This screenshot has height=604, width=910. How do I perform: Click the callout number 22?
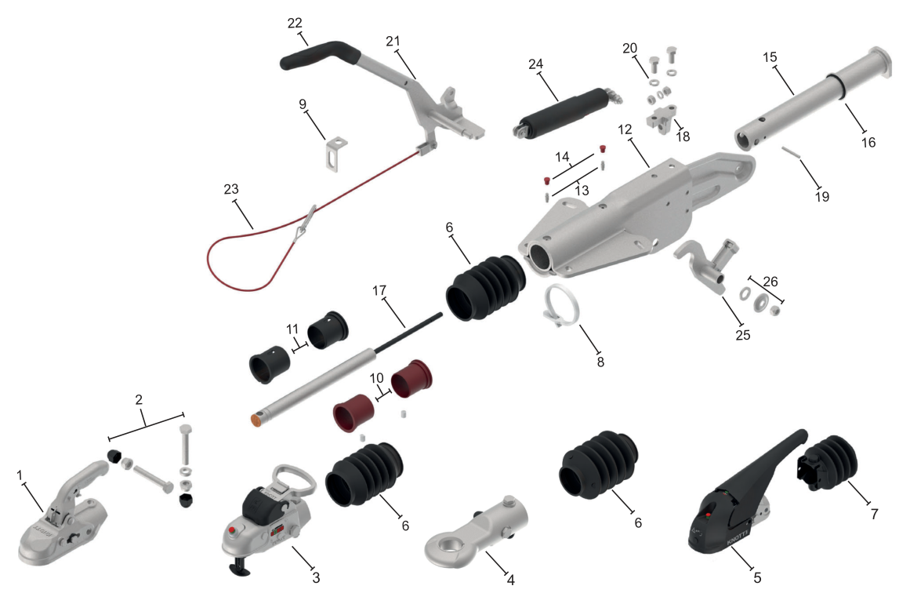pos(295,24)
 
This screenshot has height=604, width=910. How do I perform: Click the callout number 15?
pos(770,57)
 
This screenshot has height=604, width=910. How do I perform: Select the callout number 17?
pos(379,290)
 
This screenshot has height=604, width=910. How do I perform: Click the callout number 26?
pos(770,282)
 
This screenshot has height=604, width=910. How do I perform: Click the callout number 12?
pos(625,129)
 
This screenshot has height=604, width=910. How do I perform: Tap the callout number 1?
pos(20,475)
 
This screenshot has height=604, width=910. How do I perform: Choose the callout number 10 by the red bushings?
pos(377,378)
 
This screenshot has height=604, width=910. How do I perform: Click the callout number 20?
pos(629,48)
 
